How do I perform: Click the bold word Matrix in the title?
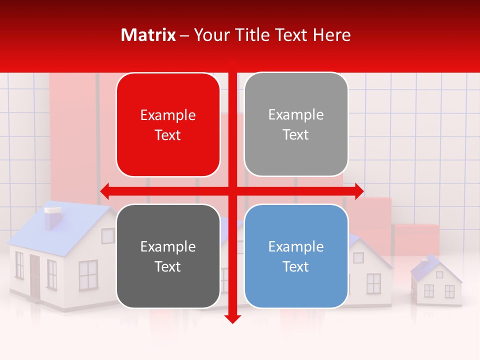click(148, 35)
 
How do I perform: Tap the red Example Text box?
click(168, 125)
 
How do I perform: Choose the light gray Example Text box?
click(296, 124)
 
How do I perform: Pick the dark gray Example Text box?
click(168, 256)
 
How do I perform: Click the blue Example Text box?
click(296, 256)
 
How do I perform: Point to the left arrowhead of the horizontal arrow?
click(105, 190)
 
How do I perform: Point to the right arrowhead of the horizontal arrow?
click(358, 190)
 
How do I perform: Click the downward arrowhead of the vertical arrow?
click(232, 318)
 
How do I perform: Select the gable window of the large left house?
click(108, 235)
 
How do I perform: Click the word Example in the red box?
click(168, 115)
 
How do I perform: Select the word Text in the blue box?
click(296, 266)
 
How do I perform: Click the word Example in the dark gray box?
click(168, 246)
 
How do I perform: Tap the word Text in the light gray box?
click(296, 134)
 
